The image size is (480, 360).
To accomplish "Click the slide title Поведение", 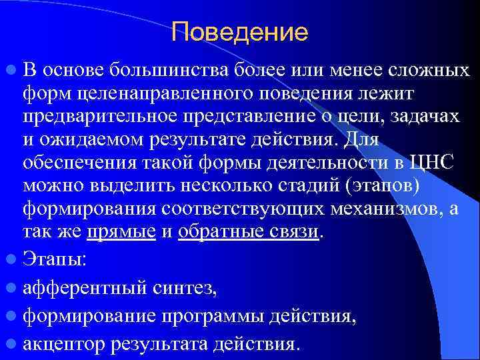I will click(239, 31).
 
